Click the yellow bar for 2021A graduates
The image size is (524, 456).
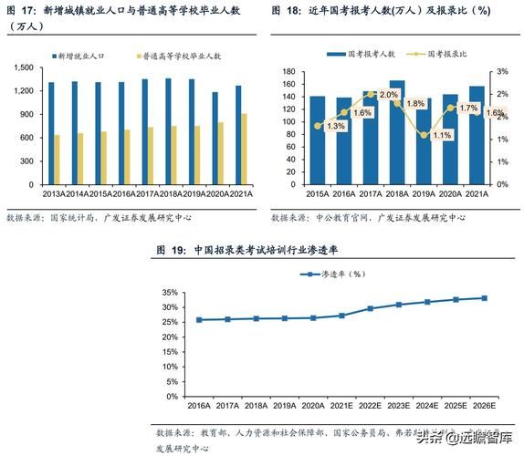pyautogui.click(x=243, y=149)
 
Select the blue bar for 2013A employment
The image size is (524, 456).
pyautogui.click(x=51, y=133)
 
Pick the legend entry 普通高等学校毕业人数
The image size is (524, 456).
pyautogui.click(x=183, y=56)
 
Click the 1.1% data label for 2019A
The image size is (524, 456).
pyautogui.click(x=442, y=136)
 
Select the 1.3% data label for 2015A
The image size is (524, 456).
pyautogui.click(x=335, y=126)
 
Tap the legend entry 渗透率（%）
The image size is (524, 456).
pyautogui.click(x=342, y=274)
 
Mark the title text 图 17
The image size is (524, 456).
pyautogui.click(x=21, y=12)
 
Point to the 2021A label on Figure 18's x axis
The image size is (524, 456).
pyautogui.click(x=477, y=195)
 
